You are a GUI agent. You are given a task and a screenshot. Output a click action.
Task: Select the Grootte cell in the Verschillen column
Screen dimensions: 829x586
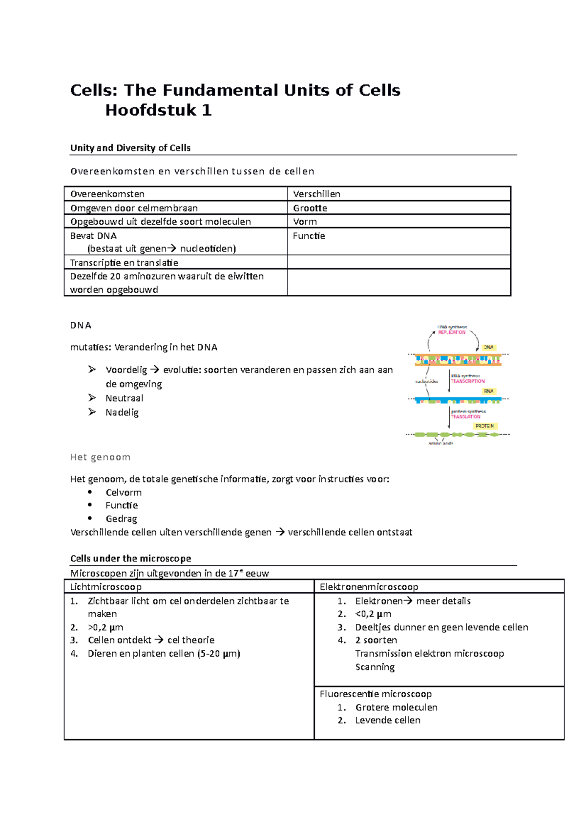pos(310,208)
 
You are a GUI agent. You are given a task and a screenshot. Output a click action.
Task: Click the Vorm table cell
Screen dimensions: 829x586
pos(305,222)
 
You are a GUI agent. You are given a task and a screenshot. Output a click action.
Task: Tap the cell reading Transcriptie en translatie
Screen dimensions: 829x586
pos(125,263)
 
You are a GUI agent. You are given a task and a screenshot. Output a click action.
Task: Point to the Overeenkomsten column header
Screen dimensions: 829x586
pos(107,194)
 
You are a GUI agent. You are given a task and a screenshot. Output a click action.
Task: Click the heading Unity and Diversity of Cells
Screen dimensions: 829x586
pos(130,148)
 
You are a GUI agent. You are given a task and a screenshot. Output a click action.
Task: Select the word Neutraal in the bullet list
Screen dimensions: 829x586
pos(125,398)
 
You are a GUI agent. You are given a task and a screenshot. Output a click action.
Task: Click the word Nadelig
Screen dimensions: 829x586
pos(122,413)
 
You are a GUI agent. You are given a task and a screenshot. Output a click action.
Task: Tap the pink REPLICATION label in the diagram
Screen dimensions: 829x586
pos(452,332)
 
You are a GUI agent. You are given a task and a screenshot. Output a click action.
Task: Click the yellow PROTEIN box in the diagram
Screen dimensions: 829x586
pos(484,426)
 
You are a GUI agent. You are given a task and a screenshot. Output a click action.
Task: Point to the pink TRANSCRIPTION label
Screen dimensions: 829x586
pos(468,381)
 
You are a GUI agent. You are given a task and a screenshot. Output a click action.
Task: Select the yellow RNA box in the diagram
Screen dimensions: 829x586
pos(488,391)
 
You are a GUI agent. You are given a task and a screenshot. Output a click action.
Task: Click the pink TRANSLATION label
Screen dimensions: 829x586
pos(465,416)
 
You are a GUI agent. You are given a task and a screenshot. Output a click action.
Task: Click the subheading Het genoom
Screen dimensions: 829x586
pos(100,457)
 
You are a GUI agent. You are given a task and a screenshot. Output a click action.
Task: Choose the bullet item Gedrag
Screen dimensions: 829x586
pos(121,518)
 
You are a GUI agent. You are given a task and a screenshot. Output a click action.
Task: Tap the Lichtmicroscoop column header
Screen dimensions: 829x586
pos(106,587)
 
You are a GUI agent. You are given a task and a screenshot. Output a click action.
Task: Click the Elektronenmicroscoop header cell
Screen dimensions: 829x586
pos(369,587)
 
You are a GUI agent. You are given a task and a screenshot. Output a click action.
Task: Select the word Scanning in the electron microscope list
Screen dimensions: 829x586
pos(375,667)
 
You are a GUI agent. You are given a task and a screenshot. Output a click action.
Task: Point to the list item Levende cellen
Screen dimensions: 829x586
pos(387,720)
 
